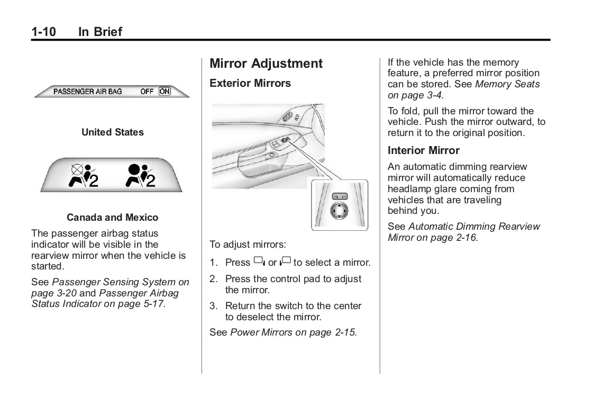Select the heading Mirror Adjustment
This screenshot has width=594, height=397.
(x=266, y=64)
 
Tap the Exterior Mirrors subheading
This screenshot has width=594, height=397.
(x=250, y=83)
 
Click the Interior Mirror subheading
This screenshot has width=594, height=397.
(x=424, y=150)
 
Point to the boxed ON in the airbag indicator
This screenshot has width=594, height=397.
(x=165, y=92)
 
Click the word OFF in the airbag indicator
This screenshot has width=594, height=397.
(x=147, y=92)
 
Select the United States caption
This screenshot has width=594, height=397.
(x=112, y=132)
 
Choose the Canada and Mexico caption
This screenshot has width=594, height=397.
(x=112, y=218)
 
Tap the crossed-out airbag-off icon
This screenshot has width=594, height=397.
(x=83, y=176)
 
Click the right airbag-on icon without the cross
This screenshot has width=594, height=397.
(x=140, y=176)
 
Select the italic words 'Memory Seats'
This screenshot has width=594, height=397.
(x=507, y=84)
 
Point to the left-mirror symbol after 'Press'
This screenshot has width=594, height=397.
(x=259, y=261)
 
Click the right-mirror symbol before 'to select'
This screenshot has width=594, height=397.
(x=286, y=261)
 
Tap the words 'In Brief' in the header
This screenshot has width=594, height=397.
(x=100, y=32)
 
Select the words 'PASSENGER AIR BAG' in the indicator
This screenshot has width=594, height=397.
(x=87, y=92)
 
